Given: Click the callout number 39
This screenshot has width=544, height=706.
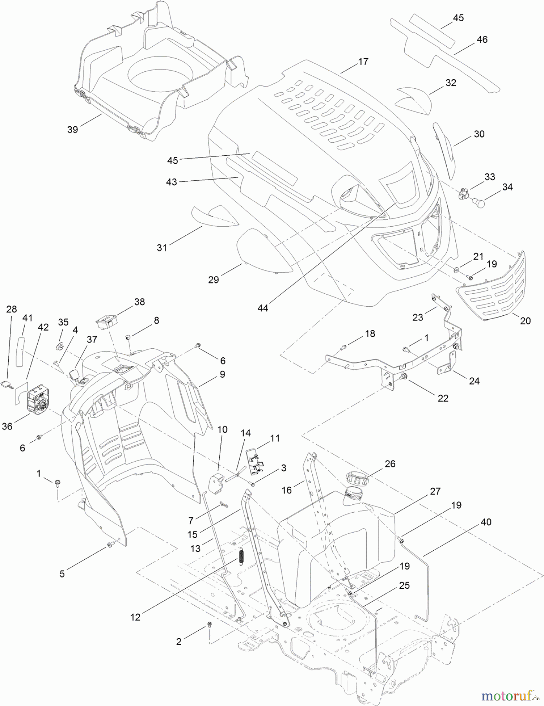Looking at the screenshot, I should pos(73,129).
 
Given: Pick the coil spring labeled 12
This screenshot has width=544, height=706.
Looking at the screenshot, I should pos(241,556).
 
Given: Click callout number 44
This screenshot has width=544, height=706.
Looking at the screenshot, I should pos(263,308).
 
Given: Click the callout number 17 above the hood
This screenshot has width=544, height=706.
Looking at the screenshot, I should pos(363,62).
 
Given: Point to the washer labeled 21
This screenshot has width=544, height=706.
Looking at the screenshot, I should pos(456,270).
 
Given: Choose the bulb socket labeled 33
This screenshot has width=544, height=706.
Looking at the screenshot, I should pos(465,194).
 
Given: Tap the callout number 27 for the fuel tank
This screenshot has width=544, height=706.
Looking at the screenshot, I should pos(435,491).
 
